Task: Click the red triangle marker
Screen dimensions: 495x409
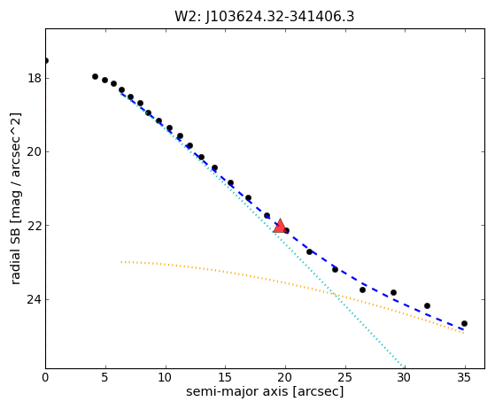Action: [280, 226]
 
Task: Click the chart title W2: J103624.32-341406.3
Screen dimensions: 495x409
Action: [265, 16]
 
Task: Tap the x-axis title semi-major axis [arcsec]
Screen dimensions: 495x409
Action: [265, 391]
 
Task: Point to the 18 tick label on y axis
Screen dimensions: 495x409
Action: [35, 78]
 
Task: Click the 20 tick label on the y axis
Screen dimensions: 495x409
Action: [35, 151]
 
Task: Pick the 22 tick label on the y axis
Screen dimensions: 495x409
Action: [35, 226]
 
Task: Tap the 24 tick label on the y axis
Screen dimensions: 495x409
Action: [35, 299]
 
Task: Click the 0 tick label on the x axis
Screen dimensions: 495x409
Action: [45, 377]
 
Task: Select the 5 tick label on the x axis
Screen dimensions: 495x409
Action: [105, 377]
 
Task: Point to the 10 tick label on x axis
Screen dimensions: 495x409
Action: [165, 377]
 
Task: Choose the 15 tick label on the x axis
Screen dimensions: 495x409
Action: [225, 377]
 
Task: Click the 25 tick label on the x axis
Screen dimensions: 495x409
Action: [345, 377]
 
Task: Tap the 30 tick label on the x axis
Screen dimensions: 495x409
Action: [405, 377]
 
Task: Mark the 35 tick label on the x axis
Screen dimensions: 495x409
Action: [465, 377]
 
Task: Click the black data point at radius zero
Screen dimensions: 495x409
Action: [46, 60]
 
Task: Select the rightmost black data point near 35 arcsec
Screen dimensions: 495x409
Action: [464, 323]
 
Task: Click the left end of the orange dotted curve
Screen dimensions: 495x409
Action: [121, 262]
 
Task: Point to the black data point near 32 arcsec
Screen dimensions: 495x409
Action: [427, 305]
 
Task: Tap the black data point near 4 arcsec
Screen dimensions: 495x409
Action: [95, 76]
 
